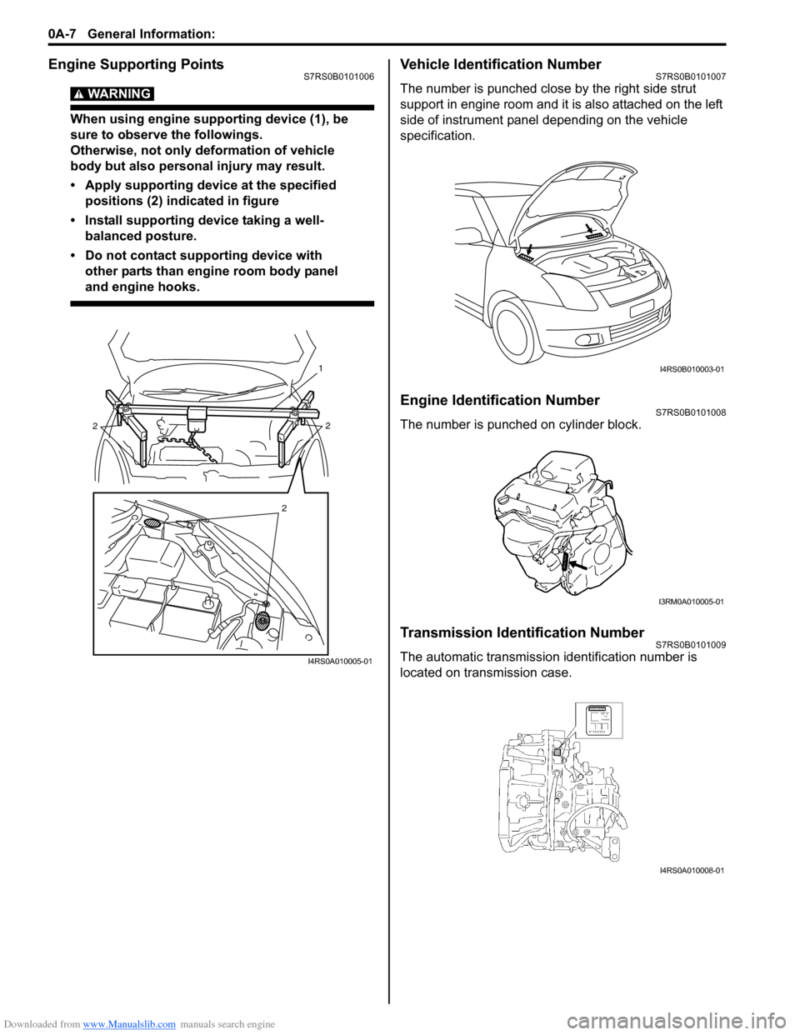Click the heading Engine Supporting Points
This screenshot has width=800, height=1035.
136,64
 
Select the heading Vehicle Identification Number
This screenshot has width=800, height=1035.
500,64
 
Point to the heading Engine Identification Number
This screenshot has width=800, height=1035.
499,400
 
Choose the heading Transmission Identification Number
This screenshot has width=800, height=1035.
522,632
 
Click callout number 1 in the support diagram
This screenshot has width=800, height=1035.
320,367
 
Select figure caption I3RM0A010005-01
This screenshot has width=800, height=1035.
691,602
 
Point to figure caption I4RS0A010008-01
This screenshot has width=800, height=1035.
692,870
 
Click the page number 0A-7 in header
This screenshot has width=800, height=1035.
62,33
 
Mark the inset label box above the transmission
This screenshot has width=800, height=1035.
598,720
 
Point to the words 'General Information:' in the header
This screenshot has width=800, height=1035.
151,33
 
